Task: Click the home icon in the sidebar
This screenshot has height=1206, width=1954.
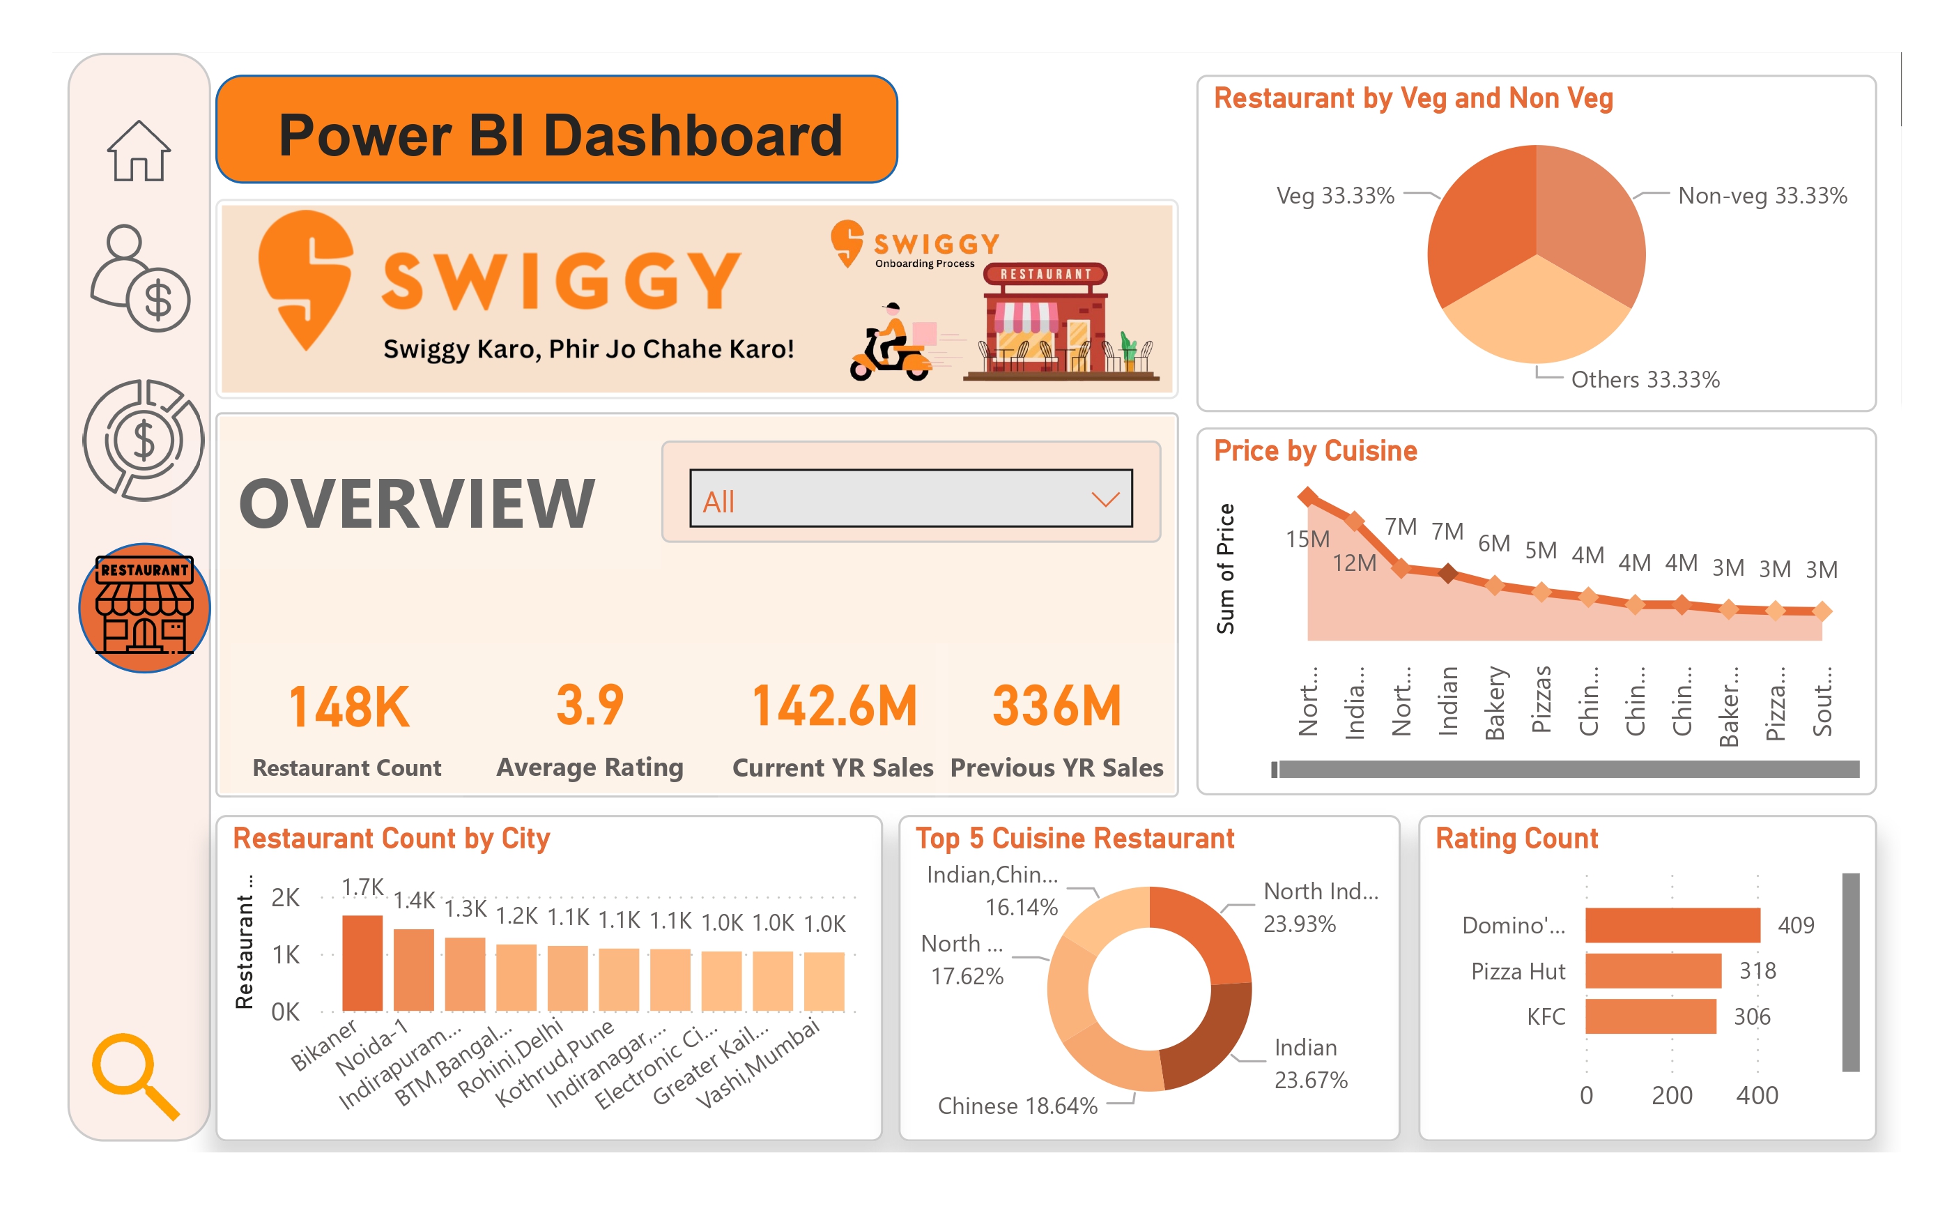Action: (x=139, y=151)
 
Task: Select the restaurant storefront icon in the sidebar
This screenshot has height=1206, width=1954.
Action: (x=144, y=608)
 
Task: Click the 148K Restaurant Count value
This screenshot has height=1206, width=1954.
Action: (x=348, y=708)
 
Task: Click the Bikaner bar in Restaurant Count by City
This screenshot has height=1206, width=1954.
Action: (x=362, y=963)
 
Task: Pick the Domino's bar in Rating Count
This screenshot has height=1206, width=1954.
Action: (x=1671, y=924)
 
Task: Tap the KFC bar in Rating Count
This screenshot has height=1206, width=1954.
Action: (x=1649, y=1016)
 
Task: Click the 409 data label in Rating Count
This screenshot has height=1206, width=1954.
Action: (x=1794, y=924)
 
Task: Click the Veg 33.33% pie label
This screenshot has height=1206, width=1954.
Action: (x=1334, y=195)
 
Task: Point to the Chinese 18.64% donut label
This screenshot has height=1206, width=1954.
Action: (x=1017, y=1106)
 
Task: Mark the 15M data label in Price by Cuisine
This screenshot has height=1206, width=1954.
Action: (x=1307, y=539)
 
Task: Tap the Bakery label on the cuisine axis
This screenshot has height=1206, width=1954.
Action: (x=1494, y=703)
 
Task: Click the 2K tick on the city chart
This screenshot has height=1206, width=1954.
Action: (x=284, y=897)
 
